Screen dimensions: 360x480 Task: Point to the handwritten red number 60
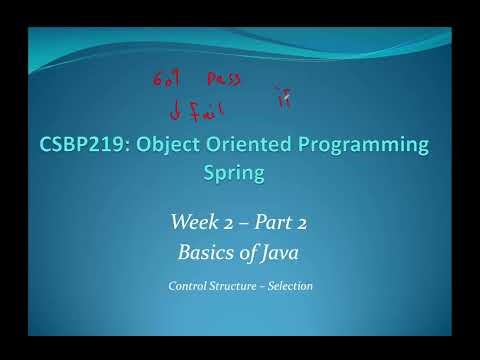162,79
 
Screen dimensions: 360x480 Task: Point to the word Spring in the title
240,174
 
